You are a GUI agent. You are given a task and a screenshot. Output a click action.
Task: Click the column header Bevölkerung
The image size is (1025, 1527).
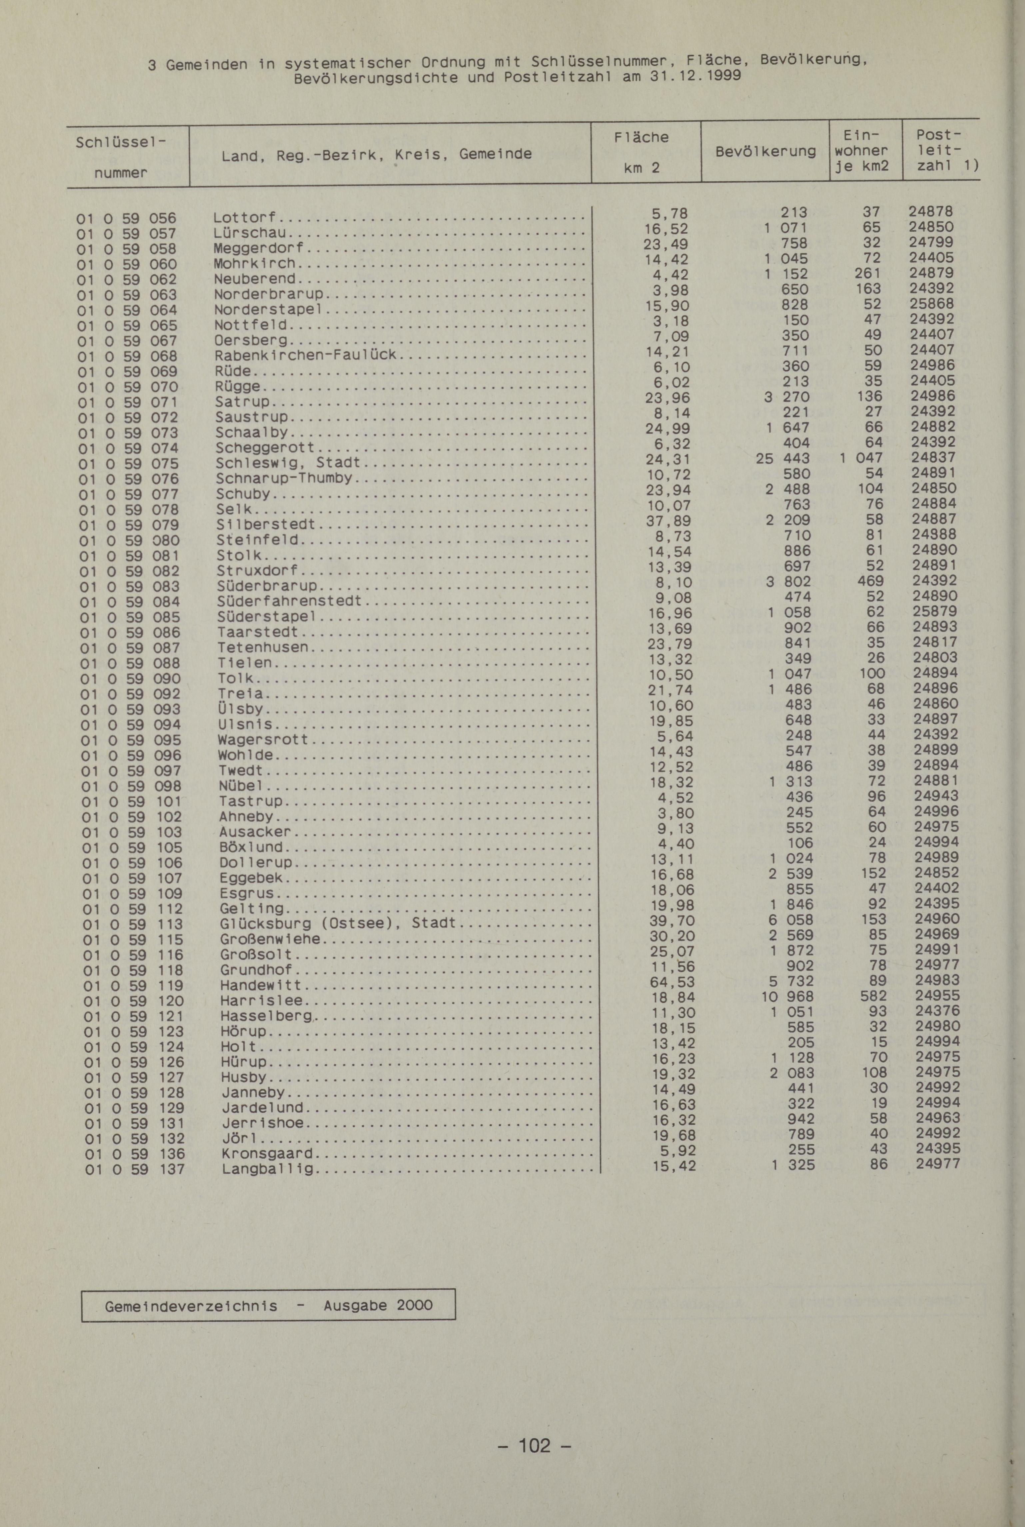[765, 152]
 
